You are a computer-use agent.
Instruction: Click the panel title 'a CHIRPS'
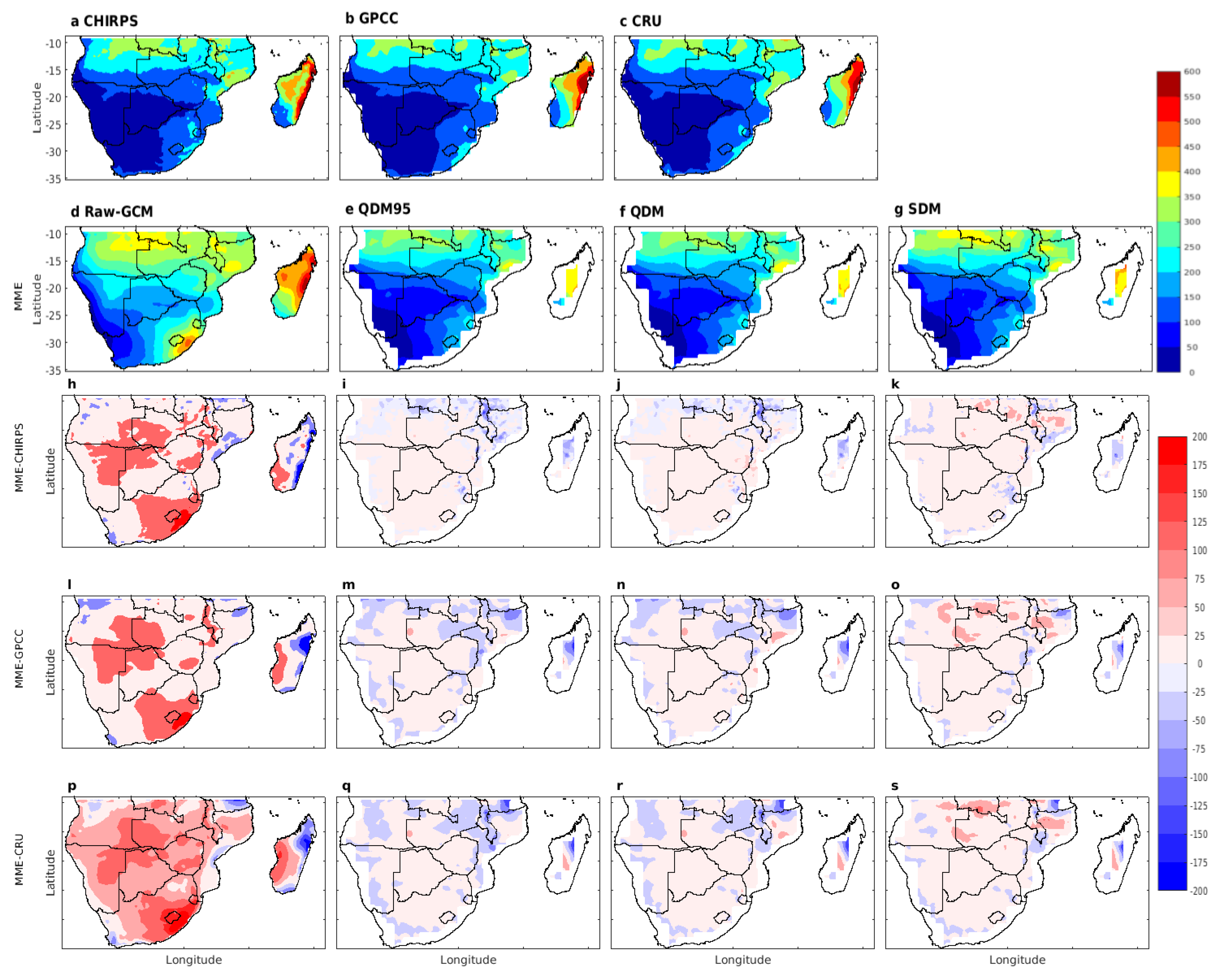pos(104,21)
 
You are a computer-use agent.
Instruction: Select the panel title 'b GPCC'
pos(371,19)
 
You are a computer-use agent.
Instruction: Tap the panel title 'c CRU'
pos(640,21)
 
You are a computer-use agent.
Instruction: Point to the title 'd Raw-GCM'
pos(112,212)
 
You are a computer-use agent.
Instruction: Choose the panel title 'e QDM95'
pos(378,209)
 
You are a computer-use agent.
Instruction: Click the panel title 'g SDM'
pos(917,209)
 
